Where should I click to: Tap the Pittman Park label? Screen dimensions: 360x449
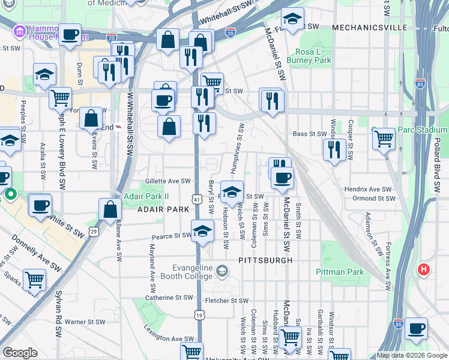pos(340,272)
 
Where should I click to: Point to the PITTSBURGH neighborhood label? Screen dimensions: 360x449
pos(265,260)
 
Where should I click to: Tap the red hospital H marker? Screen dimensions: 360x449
pos(424,270)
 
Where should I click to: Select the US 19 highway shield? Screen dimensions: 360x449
pos(197,314)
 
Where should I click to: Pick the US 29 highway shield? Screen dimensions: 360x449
pos(94,230)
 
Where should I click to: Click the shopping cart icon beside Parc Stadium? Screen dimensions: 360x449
pos(384,139)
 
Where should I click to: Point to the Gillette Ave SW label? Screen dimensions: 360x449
pos(167,181)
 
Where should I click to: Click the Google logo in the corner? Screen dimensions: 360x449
pos(20,353)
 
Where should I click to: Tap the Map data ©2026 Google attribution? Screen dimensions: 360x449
pos(412,355)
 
